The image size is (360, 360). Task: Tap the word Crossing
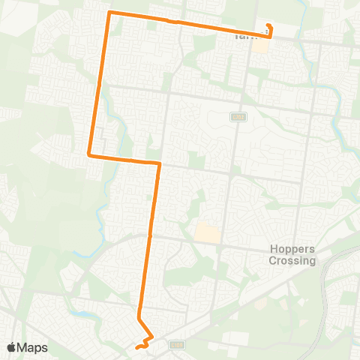(292, 261)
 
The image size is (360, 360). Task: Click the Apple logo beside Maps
(11, 347)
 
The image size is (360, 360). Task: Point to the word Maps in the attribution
(33, 347)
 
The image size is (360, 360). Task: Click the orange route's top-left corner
(110, 13)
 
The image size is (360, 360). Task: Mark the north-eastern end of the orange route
(268, 26)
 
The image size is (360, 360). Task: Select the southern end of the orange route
(136, 348)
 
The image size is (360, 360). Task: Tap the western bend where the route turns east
(90, 154)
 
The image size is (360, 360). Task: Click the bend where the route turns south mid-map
(159, 163)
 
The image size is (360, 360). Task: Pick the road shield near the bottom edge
(177, 345)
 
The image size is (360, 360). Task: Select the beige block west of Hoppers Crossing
(208, 234)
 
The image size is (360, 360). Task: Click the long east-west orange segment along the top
(187, 23)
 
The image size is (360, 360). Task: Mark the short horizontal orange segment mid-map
(124, 159)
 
